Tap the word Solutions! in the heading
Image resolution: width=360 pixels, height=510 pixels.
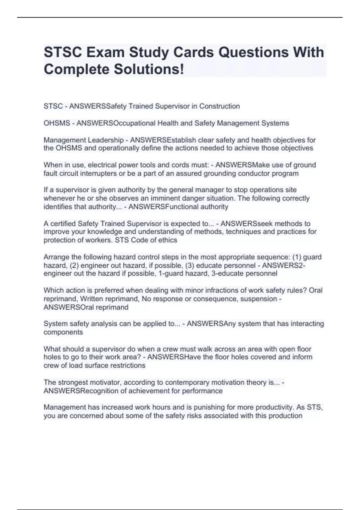point(149,70)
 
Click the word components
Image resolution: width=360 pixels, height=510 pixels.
point(63,332)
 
